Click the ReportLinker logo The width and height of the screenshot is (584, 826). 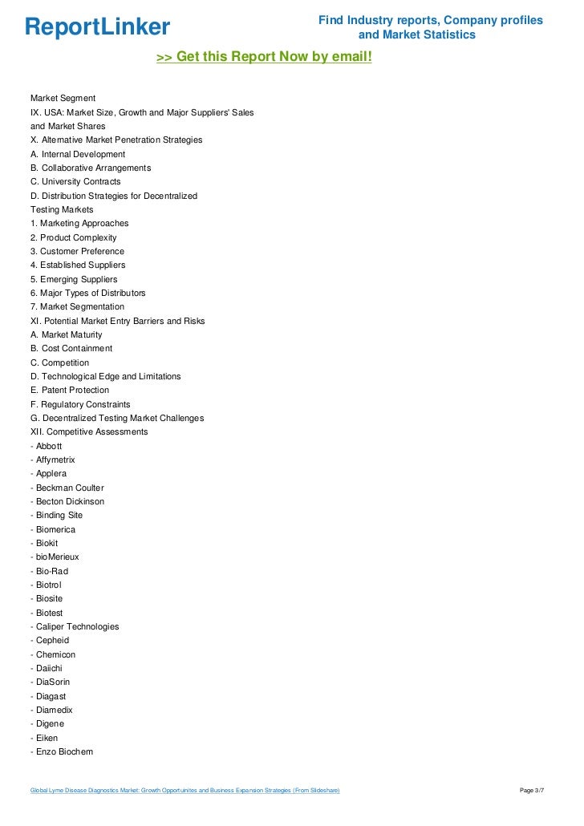(x=97, y=27)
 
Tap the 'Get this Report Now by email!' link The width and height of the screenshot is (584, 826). (x=264, y=57)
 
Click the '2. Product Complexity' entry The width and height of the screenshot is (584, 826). (x=73, y=237)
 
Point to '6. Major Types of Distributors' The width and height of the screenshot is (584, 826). (x=88, y=293)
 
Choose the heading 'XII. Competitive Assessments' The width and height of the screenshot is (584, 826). (x=89, y=431)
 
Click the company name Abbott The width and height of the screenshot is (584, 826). (x=49, y=446)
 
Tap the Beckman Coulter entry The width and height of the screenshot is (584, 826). (x=70, y=488)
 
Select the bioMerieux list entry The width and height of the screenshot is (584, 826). (x=55, y=557)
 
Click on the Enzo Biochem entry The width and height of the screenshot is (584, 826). (x=64, y=751)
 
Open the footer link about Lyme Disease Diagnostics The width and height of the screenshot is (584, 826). (x=185, y=791)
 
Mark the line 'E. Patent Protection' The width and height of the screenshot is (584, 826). (x=70, y=390)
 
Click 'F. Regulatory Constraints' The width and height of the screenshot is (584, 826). (x=80, y=404)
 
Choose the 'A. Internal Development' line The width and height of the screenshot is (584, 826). (x=78, y=154)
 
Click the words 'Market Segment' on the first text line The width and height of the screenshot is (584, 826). (x=63, y=98)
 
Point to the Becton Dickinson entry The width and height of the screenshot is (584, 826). (x=70, y=501)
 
